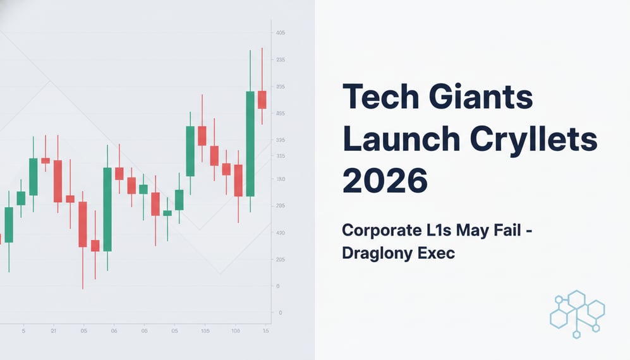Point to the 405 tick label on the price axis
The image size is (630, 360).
pos(281,33)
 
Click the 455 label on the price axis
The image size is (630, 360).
pos(281,114)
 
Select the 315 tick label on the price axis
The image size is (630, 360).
pos(281,156)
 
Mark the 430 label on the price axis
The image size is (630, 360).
pos(281,234)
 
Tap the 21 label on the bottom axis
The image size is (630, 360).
pos(54,331)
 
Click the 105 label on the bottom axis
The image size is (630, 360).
pos(205,331)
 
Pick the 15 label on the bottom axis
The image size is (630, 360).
pos(266,331)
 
